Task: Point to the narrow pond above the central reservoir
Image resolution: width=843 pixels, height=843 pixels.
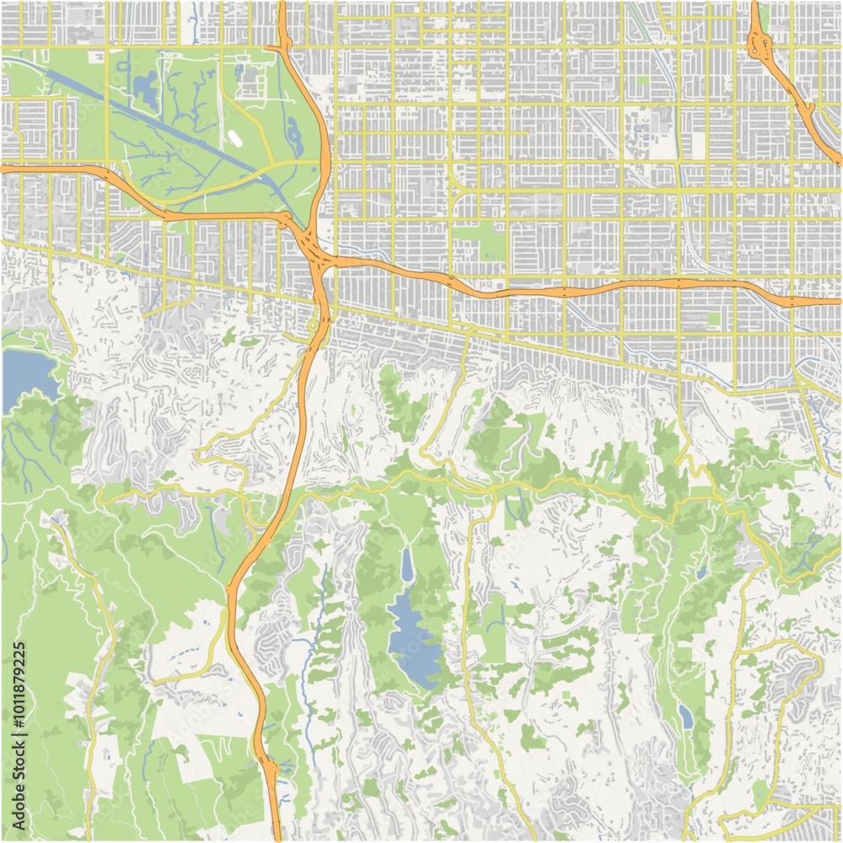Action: click(407, 565)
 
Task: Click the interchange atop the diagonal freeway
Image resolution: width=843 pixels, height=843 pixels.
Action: click(761, 42)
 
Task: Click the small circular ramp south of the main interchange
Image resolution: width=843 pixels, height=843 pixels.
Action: click(313, 325)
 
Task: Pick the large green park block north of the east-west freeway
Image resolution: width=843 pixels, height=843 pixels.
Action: click(479, 240)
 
